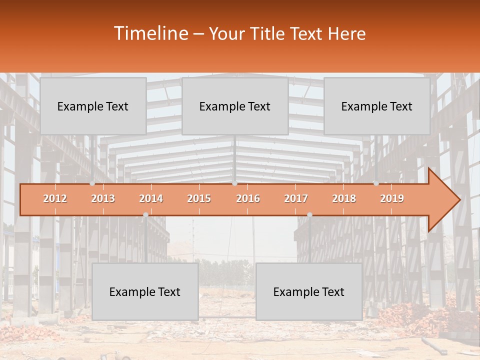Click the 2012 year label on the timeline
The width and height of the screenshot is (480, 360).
tap(55, 198)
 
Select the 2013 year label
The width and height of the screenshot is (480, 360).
tap(103, 198)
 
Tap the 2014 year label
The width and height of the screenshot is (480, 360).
tap(151, 198)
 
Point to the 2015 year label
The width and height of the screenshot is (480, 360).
tap(199, 198)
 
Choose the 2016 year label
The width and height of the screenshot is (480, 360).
tap(248, 198)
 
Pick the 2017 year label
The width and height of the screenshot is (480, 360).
tap(296, 198)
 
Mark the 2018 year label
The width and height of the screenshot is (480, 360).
tap(344, 198)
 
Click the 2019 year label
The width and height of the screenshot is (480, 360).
tap(392, 198)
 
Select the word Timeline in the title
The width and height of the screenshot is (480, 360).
tap(150, 33)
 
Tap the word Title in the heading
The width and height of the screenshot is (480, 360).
tap(269, 33)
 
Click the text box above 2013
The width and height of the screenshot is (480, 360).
tap(93, 106)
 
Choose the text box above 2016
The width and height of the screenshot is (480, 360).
tap(235, 106)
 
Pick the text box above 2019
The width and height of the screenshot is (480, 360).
tap(377, 106)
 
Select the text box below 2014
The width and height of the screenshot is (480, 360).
tap(145, 291)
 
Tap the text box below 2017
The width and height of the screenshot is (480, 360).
tap(309, 291)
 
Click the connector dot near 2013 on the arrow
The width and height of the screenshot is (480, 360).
tap(92, 183)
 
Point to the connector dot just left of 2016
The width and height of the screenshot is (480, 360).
tap(234, 183)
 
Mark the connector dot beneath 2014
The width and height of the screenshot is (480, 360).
tap(145, 214)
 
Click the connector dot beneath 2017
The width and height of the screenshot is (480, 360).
tap(309, 214)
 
